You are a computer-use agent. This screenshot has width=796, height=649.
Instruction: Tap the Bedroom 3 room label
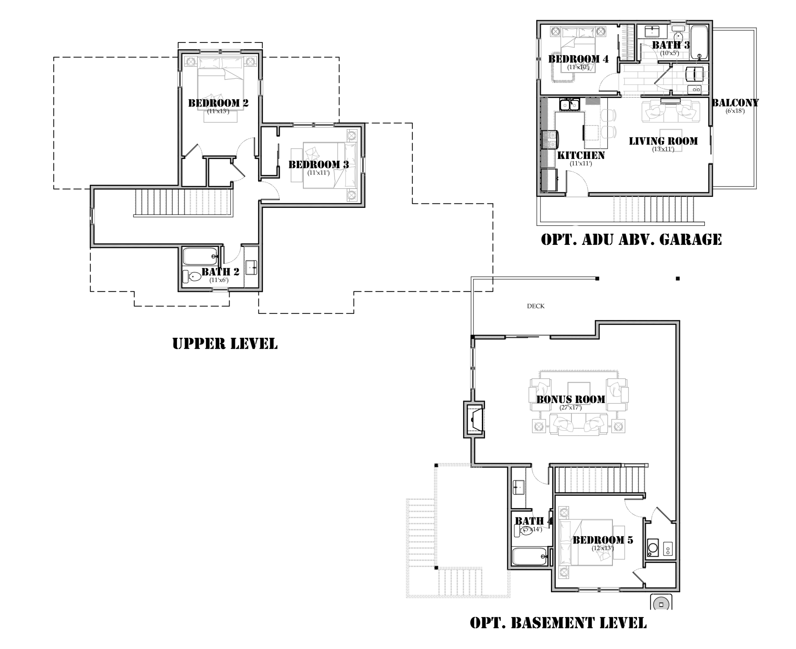[x=319, y=164]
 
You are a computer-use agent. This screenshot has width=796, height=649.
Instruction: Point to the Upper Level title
[x=225, y=343]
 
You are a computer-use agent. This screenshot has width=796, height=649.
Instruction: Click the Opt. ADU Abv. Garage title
[x=631, y=239]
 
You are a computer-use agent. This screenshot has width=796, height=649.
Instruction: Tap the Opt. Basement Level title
[x=558, y=623]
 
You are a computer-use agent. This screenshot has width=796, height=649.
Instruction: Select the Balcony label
[x=735, y=103]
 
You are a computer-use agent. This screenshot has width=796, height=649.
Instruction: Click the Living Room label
[x=663, y=141]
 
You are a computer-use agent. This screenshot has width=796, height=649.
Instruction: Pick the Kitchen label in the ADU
[x=581, y=155]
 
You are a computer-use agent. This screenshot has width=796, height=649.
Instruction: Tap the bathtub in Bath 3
[x=699, y=42]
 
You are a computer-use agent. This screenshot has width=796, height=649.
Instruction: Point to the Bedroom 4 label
[x=578, y=59]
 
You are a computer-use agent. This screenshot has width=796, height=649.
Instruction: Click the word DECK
[x=536, y=306]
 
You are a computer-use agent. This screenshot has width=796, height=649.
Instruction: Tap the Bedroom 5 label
[x=603, y=540]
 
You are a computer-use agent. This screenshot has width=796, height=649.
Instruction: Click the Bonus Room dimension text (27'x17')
[x=570, y=408]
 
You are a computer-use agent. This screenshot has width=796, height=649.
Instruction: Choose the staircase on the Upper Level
[x=183, y=203]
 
